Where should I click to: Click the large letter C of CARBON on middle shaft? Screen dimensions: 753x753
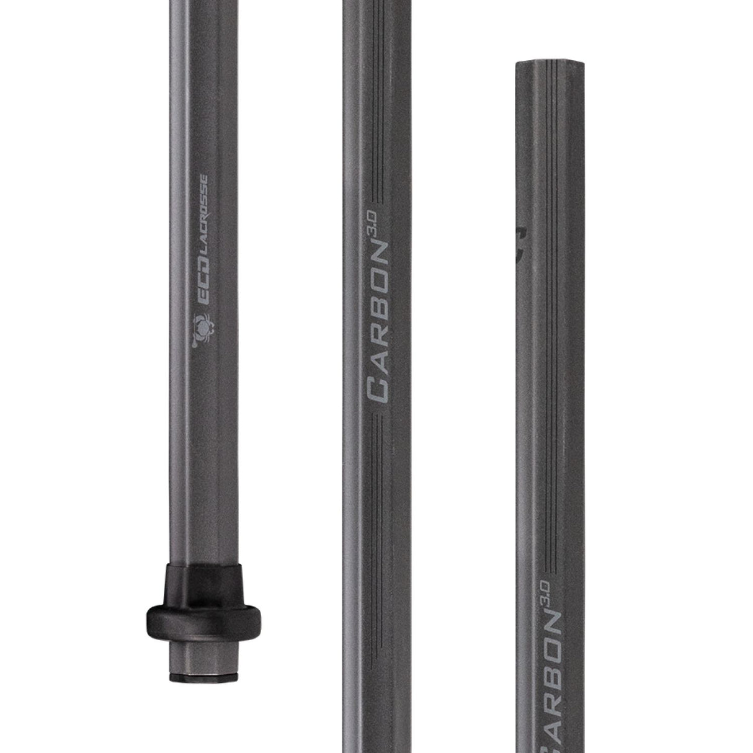(x=378, y=390)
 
